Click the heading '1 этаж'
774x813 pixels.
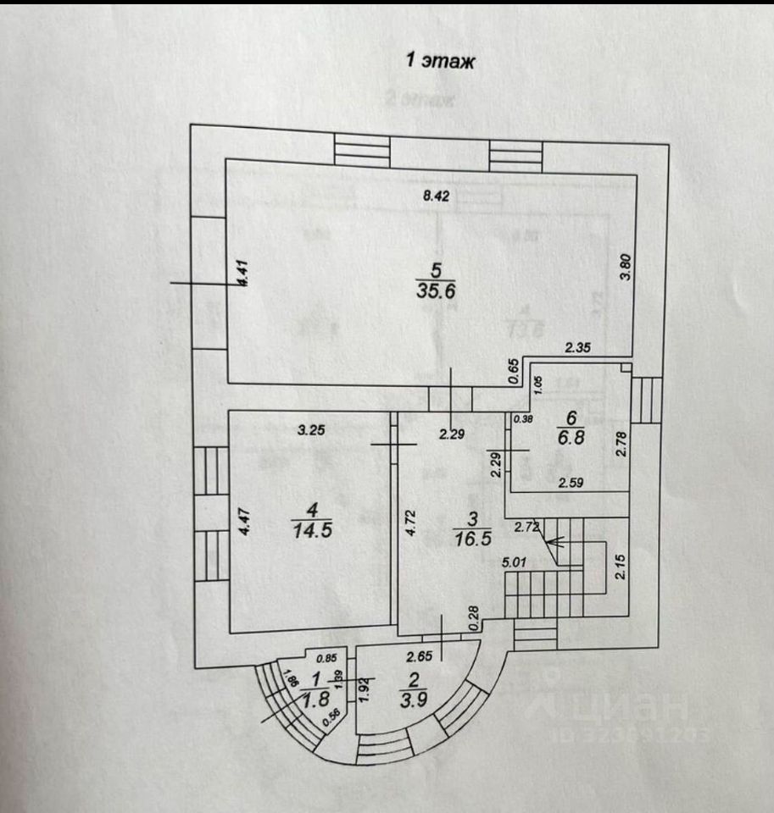[440, 61]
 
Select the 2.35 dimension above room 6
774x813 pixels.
[578, 346]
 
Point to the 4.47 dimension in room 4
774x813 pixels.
[243, 518]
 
